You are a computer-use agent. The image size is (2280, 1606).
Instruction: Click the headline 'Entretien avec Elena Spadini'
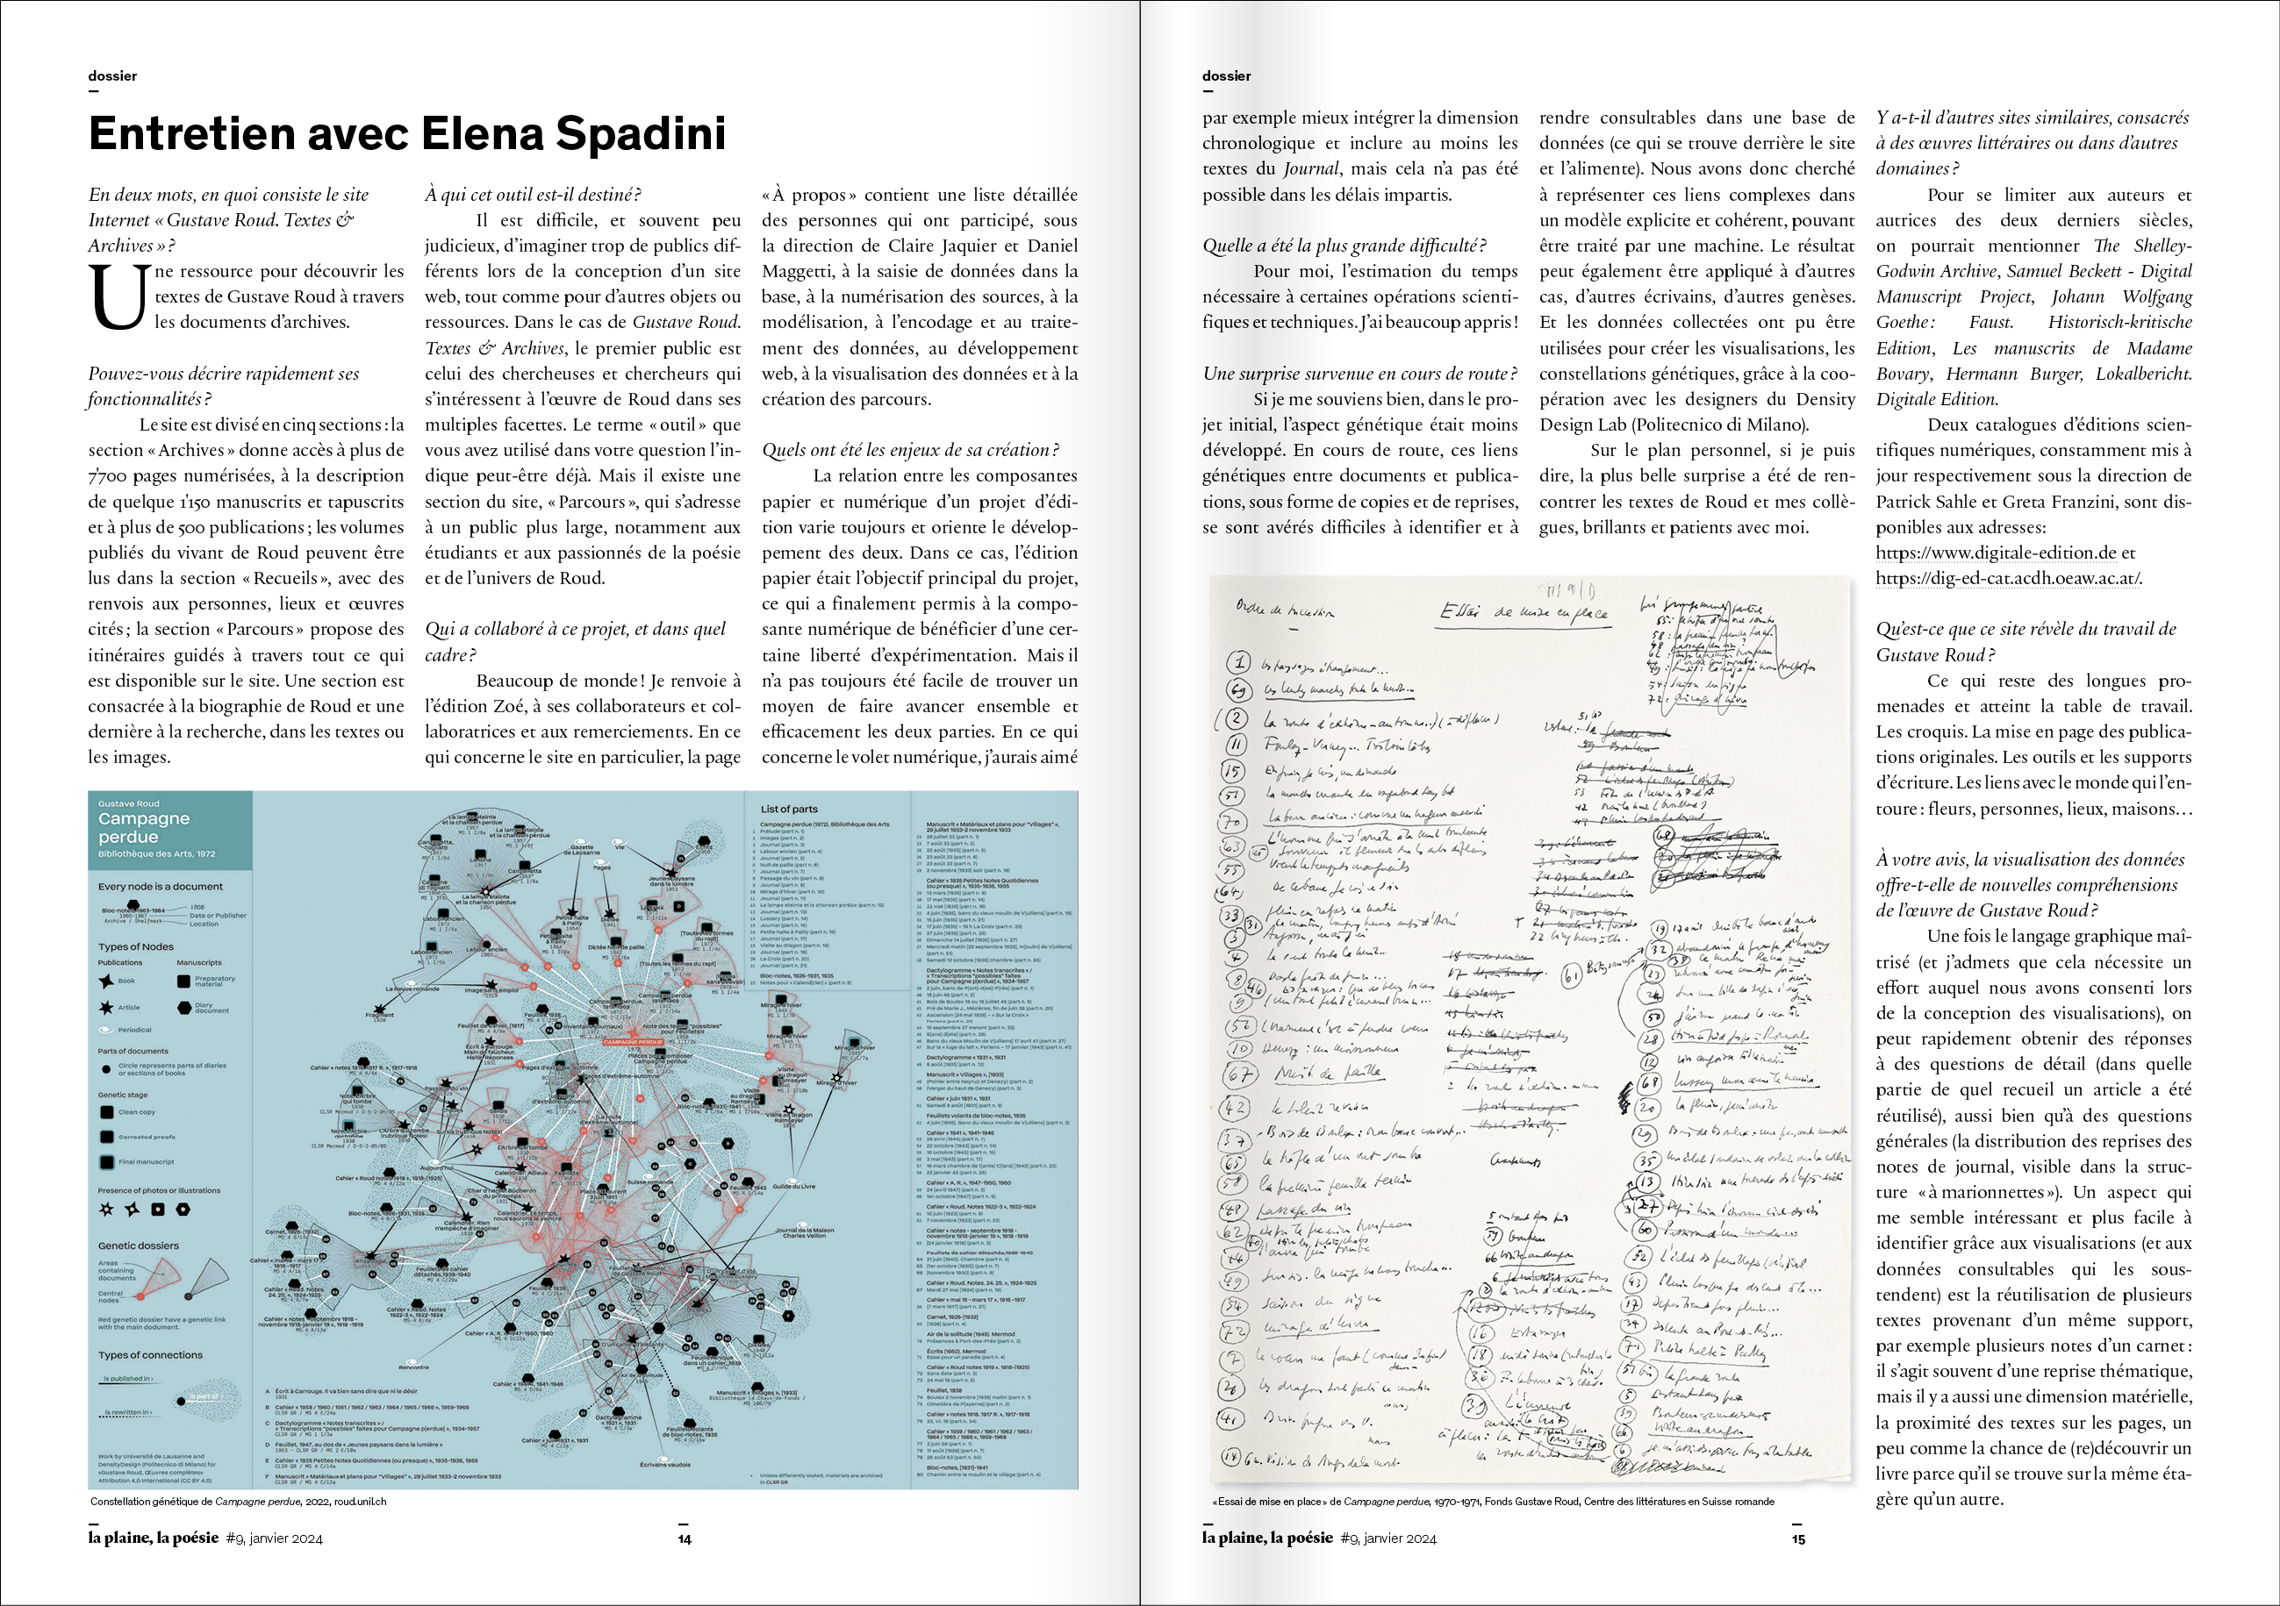point(407,134)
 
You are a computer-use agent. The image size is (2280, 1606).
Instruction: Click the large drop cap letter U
point(118,296)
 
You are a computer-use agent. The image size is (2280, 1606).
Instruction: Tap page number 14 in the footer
point(685,1538)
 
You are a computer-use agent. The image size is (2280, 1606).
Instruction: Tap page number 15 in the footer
point(1798,1538)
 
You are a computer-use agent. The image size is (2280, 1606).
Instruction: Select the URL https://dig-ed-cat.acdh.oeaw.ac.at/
point(2008,579)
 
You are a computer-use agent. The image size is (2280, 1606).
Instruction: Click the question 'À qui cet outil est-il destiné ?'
point(533,195)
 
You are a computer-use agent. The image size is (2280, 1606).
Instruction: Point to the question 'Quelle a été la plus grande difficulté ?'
point(1344,246)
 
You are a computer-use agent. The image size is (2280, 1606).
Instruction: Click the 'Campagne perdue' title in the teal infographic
point(144,828)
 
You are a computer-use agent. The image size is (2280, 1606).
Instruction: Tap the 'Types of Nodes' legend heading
point(135,947)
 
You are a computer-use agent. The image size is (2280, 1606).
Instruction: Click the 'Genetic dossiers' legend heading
point(138,1246)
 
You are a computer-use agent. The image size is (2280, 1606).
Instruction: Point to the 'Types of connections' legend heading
point(150,1355)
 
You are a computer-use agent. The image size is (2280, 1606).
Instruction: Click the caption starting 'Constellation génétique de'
point(239,1502)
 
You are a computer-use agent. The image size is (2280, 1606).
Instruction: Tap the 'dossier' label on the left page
point(112,76)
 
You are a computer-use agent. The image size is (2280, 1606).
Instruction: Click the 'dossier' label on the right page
point(1226,76)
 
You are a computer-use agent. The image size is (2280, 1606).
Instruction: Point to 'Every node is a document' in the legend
point(160,887)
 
